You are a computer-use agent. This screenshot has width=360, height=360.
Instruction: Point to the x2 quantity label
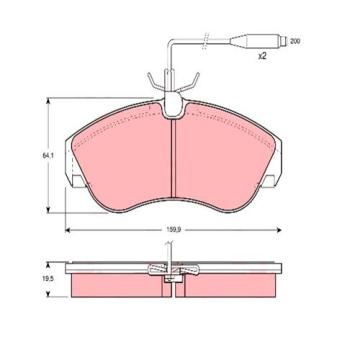(262, 57)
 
